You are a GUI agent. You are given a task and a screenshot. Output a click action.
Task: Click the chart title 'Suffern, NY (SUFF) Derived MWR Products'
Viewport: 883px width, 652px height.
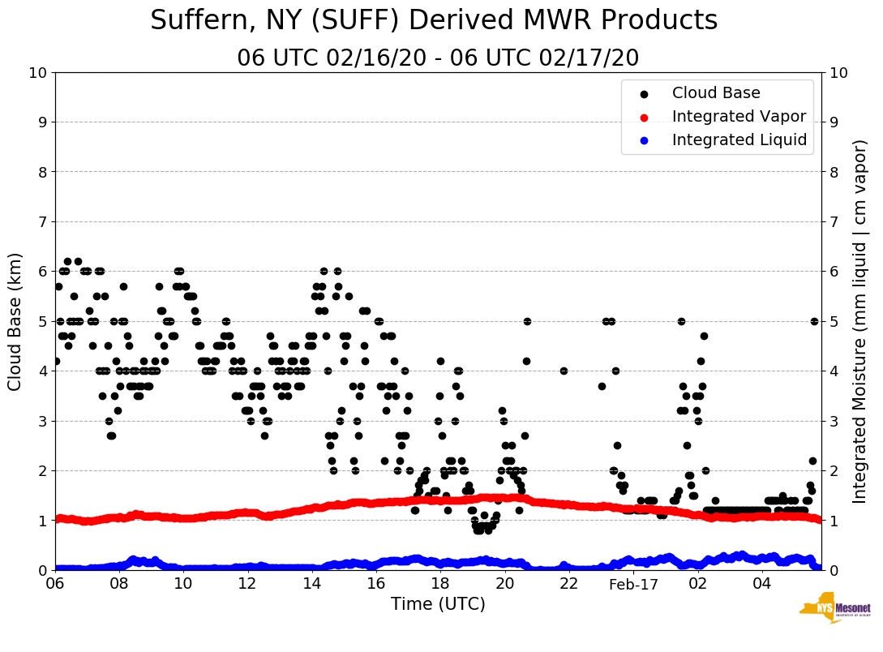434,21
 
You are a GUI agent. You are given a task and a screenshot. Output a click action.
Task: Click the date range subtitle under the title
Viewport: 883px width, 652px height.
438,58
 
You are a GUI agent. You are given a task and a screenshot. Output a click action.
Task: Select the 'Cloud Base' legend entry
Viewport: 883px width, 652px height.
716,93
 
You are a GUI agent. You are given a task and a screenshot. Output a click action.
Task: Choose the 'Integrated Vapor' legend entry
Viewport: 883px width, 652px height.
739,117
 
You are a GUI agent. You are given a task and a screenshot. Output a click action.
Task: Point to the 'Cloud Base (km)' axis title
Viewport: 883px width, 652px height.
15,321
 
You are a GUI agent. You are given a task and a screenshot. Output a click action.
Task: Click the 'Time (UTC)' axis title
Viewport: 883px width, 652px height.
438,604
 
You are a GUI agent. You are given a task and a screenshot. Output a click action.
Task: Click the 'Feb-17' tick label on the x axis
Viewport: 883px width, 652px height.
634,584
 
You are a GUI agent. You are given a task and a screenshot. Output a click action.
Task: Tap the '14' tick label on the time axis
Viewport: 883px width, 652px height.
311,584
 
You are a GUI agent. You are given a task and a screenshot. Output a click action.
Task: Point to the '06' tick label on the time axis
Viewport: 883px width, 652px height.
55,584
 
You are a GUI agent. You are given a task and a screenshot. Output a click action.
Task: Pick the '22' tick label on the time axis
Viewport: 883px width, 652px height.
568,584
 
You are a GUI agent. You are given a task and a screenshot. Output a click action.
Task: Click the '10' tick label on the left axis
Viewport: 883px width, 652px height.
37,73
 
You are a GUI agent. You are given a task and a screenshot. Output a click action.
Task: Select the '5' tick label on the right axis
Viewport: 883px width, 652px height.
834,322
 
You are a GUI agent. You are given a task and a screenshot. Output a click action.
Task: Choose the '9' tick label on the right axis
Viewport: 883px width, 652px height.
834,122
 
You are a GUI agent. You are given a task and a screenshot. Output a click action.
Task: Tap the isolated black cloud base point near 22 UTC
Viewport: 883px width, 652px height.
564,371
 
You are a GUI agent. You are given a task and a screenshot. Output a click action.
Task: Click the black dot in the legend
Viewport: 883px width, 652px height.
644,94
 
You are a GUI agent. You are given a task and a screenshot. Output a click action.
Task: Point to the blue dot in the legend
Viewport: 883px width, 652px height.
644,141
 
